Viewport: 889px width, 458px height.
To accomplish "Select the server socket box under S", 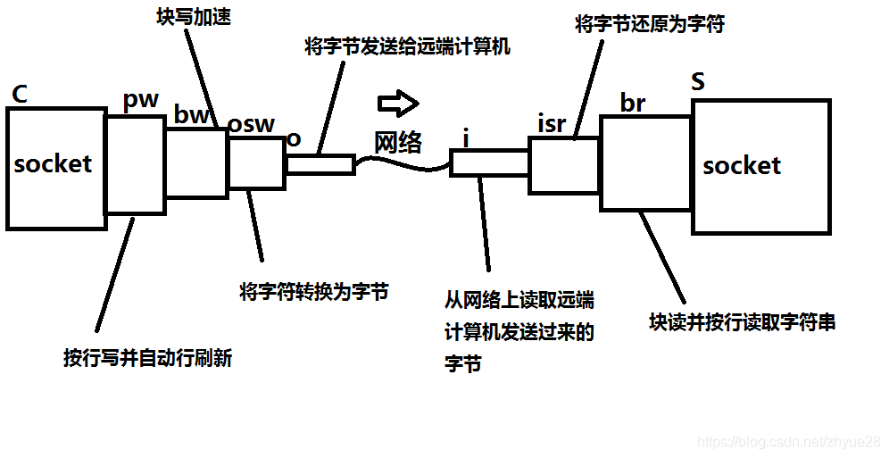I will [760, 166].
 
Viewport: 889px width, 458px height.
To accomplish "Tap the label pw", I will [140, 100].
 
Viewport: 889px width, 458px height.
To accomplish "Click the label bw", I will [192, 114].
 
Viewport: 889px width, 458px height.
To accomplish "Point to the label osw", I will [251, 124].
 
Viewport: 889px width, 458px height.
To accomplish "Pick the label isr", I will [552, 123].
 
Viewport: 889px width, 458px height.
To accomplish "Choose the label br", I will [633, 104].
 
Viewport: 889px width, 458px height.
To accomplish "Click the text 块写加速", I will [187, 18].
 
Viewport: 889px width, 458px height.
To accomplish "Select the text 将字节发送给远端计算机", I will [408, 46].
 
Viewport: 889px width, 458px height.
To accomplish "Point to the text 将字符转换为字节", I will [313, 292].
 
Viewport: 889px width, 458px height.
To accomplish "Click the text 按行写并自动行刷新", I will [148, 357].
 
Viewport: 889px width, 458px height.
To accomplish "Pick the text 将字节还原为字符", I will [649, 24].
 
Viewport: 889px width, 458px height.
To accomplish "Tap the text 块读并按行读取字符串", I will [742, 322].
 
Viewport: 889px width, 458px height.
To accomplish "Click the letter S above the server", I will [698, 83].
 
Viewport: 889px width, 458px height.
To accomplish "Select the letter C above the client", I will [18, 94].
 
